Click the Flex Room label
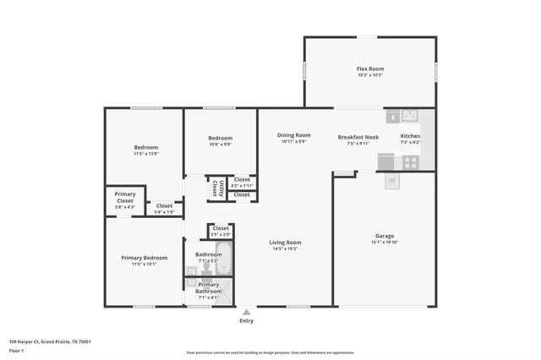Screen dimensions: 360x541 click(369, 68)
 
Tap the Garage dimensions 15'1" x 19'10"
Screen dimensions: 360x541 click(385, 243)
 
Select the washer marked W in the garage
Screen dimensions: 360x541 click(391, 180)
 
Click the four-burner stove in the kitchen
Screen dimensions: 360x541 click(410, 161)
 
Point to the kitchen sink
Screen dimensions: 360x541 click(406, 116)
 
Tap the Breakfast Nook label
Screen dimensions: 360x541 click(358, 136)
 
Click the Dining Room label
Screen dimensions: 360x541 click(293, 135)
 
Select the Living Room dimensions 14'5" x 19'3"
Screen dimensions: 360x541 click(285, 248)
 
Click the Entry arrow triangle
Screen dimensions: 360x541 click(246, 312)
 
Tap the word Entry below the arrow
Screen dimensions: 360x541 click(246, 321)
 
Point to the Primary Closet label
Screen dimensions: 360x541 click(125, 198)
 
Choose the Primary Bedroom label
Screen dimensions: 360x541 click(144, 258)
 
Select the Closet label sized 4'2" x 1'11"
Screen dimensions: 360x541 click(242, 179)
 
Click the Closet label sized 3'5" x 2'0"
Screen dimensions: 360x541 click(221, 228)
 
